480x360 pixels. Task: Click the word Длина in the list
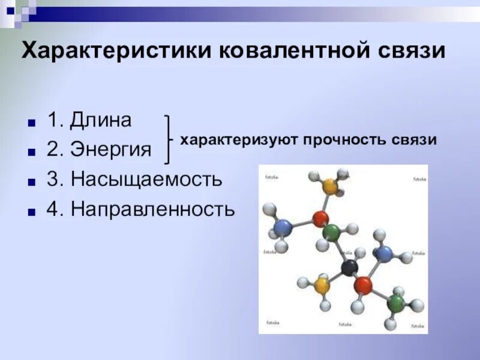click(100, 120)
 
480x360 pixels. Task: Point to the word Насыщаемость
click(146, 178)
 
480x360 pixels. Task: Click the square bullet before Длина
click(31, 122)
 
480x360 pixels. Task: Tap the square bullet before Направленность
click(31, 210)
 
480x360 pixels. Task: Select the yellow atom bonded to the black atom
click(323, 284)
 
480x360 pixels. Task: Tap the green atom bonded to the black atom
click(331, 232)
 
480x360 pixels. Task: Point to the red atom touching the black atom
click(363, 285)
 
